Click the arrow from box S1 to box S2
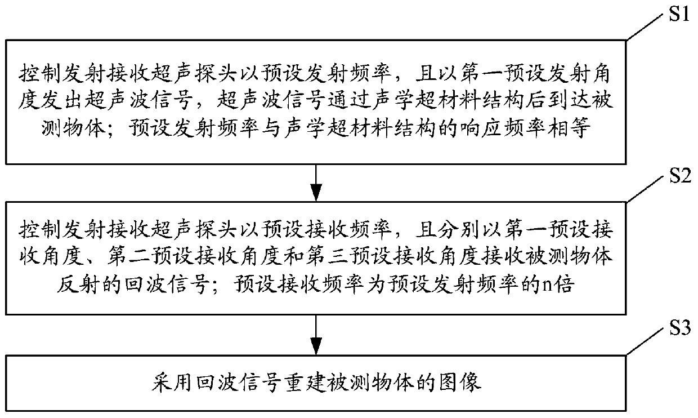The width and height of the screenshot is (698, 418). coord(316,181)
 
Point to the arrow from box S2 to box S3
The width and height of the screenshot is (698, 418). coord(316,335)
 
